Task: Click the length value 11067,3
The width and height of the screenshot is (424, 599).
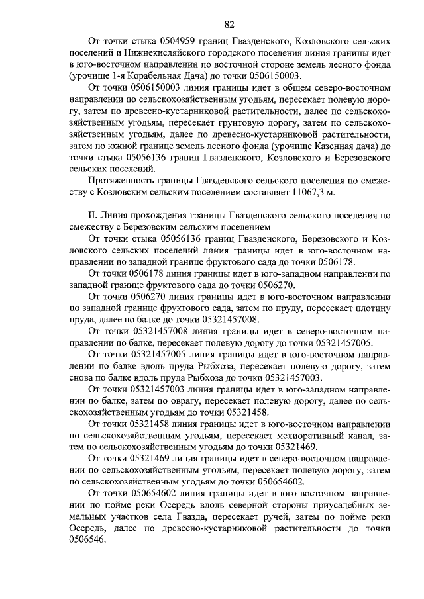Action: coord(301,192)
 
